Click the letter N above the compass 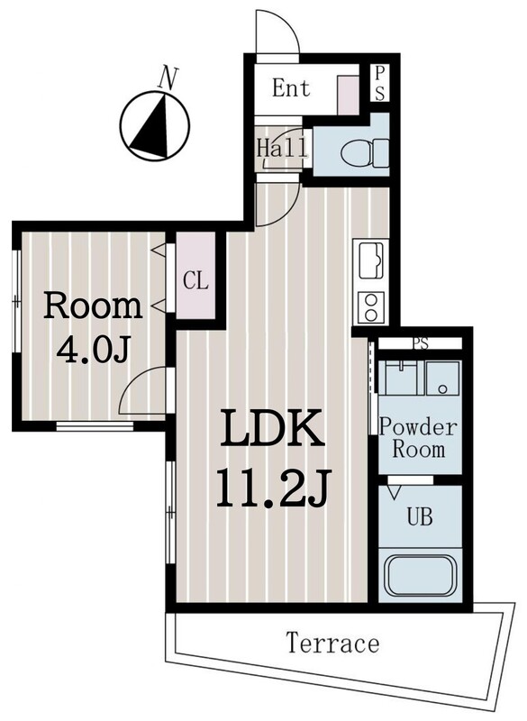click(168, 78)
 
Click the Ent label click(291, 87)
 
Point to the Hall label click(282, 148)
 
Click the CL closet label click(195, 280)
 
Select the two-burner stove click(371, 307)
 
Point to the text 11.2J click(273, 488)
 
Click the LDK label click(272, 429)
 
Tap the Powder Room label click(418, 438)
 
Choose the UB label click(420, 516)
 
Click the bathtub click(421, 576)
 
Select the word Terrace click(333, 643)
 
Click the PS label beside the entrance click(379, 83)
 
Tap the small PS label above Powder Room click(421, 343)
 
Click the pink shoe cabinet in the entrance click(349, 96)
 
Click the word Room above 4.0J click(93, 306)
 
